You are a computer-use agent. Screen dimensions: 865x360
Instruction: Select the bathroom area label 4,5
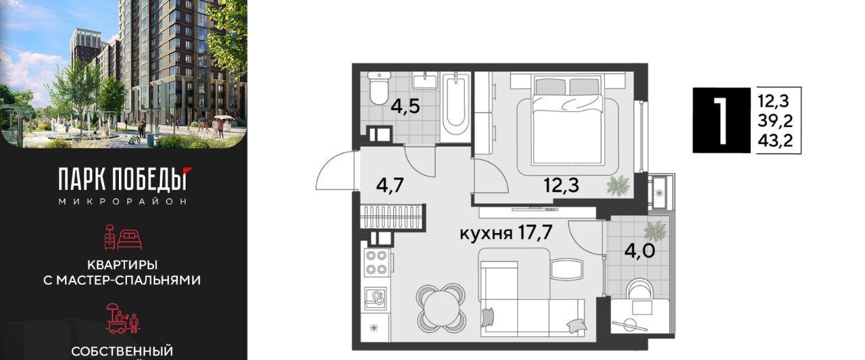[x=405, y=107]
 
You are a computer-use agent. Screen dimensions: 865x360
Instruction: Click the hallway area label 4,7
[x=390, y=186]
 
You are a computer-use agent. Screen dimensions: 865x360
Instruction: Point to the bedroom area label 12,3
[x=561, y=186]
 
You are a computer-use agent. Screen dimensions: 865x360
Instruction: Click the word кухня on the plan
[x=486, y=234]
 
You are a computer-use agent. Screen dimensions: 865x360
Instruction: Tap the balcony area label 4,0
[x=640, y=251]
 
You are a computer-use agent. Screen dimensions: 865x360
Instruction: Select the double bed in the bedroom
[x=567, y=120]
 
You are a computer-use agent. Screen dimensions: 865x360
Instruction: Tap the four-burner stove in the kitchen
[x=376, y=262]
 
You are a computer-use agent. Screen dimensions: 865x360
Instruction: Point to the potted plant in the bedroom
[x=618, y=186]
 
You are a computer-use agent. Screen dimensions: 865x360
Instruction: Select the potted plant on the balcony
[x=655, y=232]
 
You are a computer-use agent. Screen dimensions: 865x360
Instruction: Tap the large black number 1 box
[x=721, y=120]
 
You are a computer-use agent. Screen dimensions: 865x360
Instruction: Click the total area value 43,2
[x=775, y=141]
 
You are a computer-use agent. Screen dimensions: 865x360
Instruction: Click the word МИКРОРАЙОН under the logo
[x=123, y=201]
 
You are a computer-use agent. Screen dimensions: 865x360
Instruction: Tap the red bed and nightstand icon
[x=123, y=237]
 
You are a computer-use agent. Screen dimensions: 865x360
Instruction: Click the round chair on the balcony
[x=639, y=289]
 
